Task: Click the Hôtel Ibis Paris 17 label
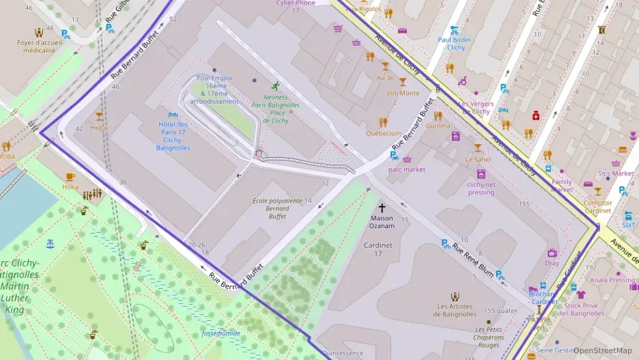173,135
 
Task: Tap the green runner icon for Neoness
275,86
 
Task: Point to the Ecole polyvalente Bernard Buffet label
277,208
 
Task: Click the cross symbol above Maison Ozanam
382,207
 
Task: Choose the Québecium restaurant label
383,133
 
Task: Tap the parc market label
406,169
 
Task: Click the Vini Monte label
403,93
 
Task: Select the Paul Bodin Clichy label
454,44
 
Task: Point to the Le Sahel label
478,159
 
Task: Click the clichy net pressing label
481,188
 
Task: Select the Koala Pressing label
612,279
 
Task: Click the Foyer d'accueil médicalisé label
40,46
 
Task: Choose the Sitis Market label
614,173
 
